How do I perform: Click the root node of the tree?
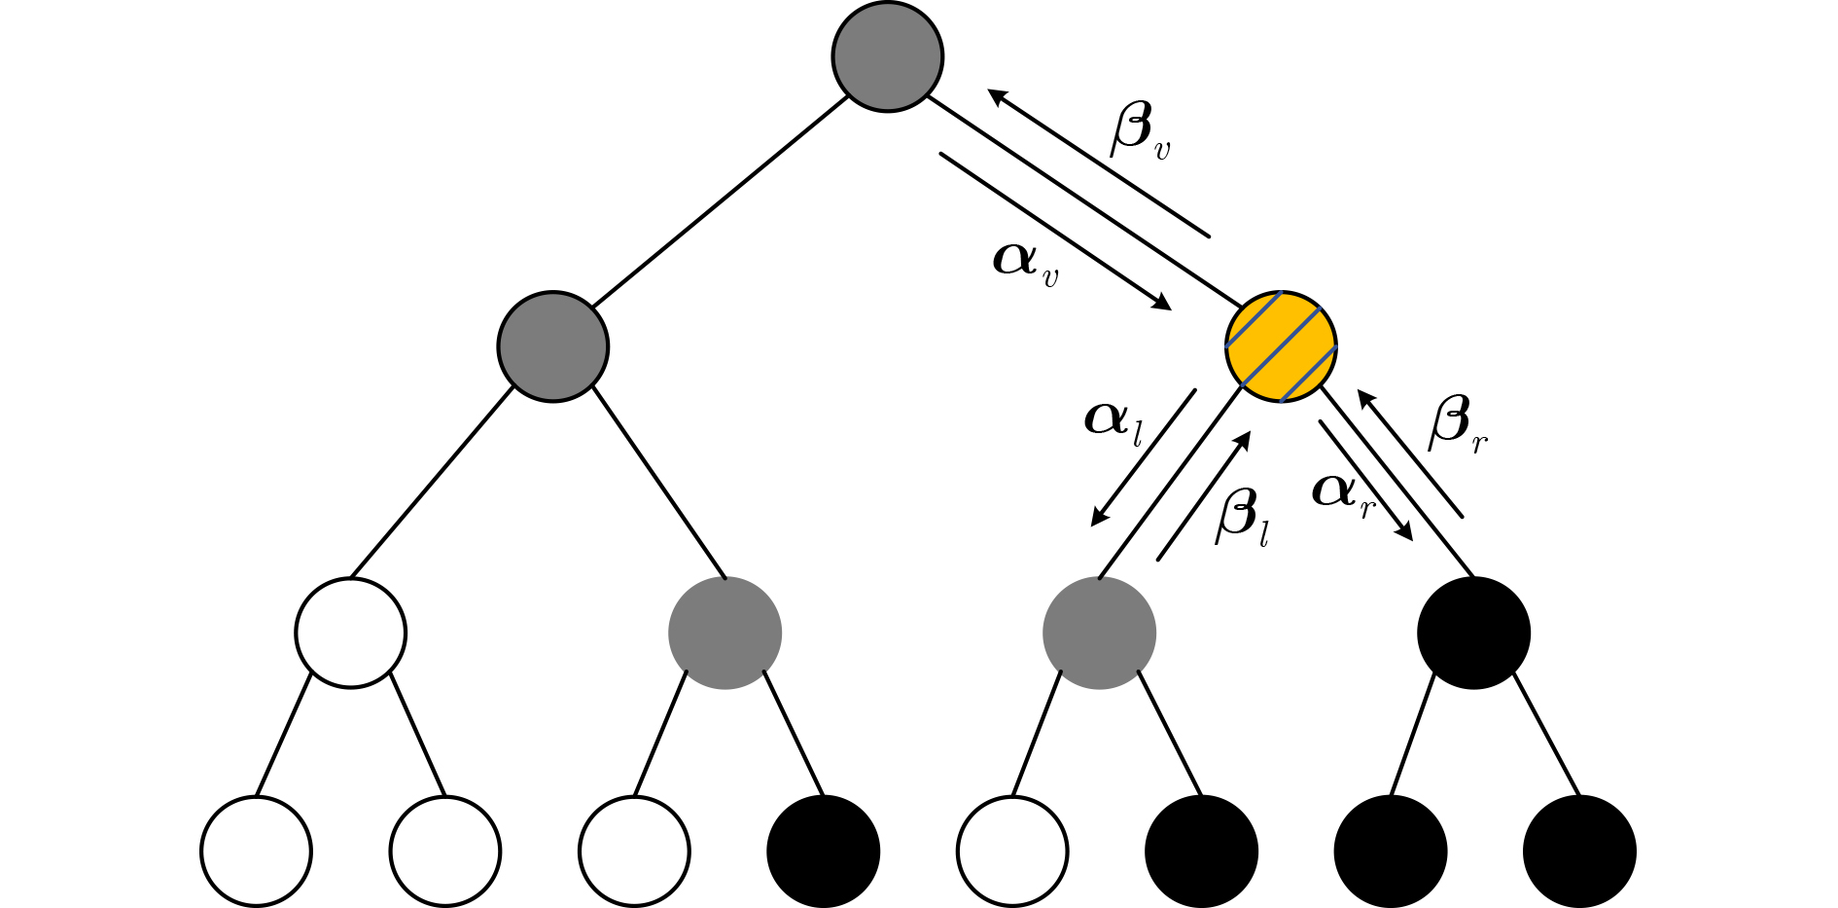[887, 55]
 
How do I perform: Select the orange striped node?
[1281, 345]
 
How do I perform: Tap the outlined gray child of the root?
[552, 345]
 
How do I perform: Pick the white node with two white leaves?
[350, 633]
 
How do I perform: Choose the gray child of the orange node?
[1099, 633]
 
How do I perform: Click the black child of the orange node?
[1473, 633]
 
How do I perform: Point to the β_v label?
[1140, 130]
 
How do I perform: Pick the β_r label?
[1457, 426]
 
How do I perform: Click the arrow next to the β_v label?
[1098, 163]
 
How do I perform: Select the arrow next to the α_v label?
[1055, 231]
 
